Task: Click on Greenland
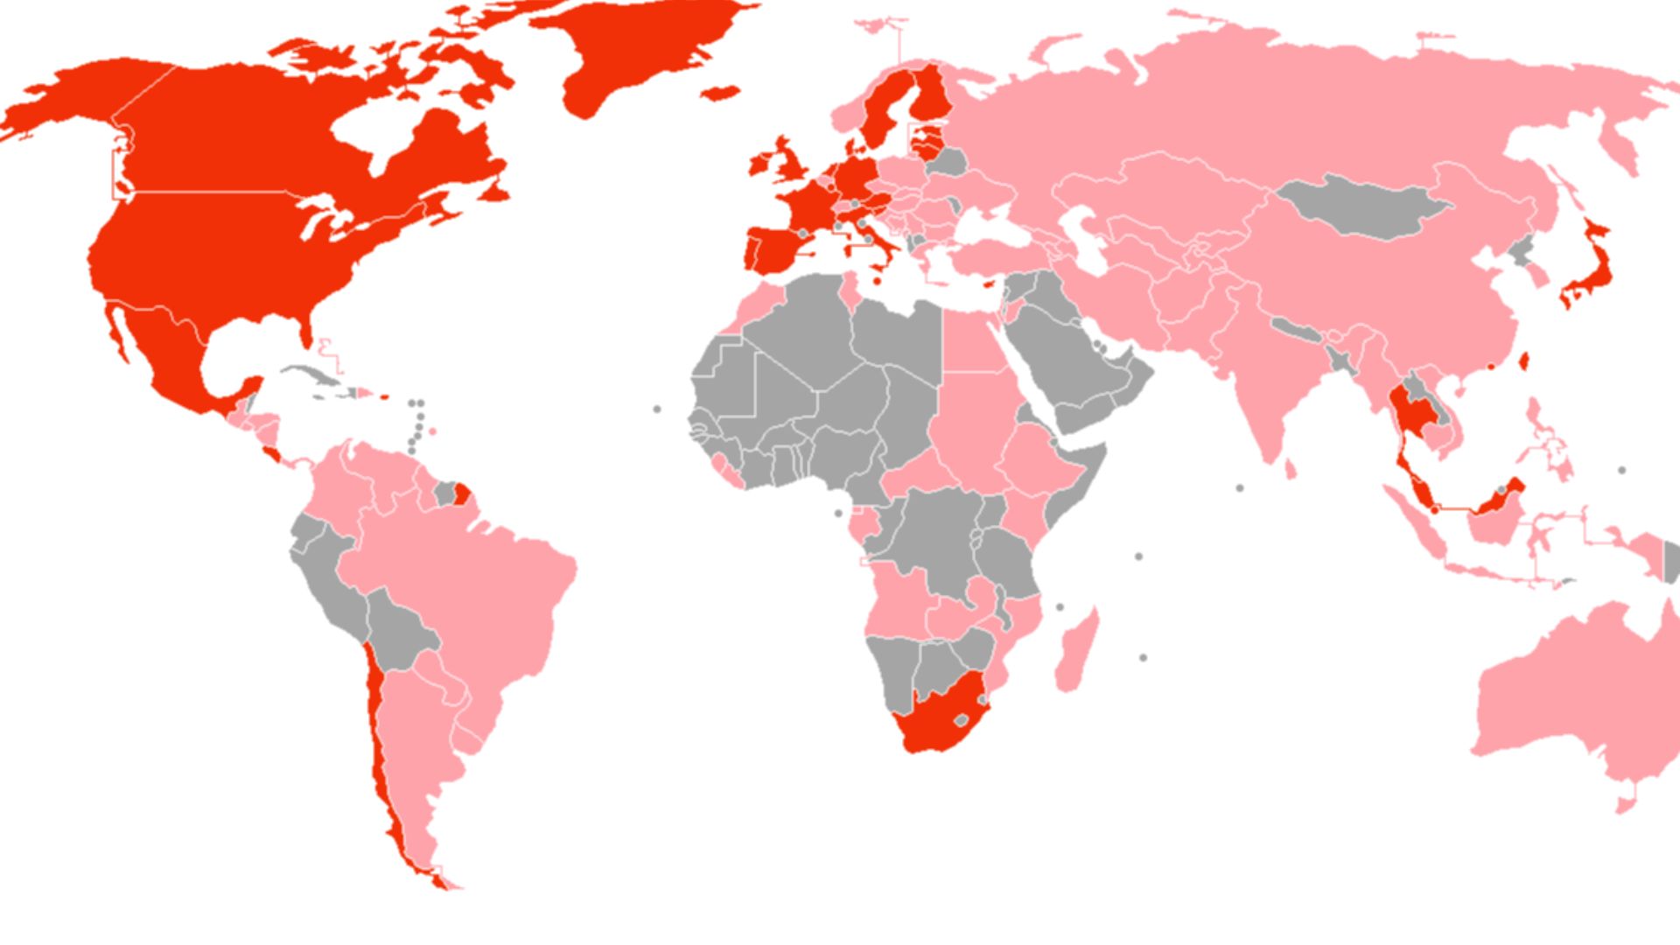(639, 44)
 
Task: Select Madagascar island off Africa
(1076, 652)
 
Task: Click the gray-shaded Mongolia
(1361, 206)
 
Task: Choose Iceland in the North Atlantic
(718, 92)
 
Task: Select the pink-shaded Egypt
(971, 341)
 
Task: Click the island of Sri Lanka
(1290, 470)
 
